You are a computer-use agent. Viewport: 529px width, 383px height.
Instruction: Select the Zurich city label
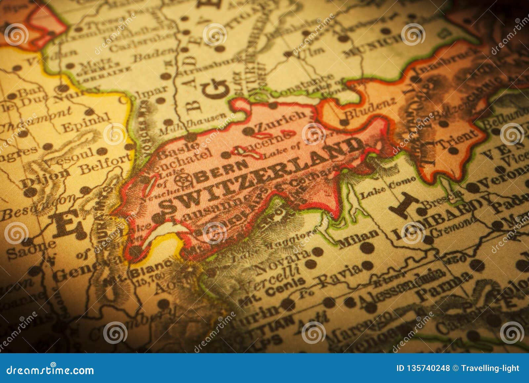pyautogui.click(x=281, y=121)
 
